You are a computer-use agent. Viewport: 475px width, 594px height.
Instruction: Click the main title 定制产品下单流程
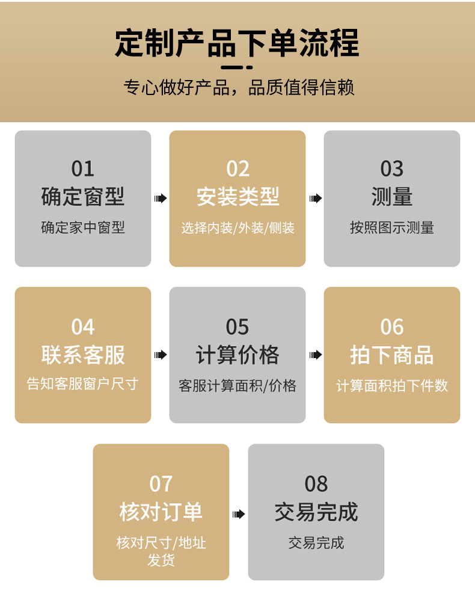237,43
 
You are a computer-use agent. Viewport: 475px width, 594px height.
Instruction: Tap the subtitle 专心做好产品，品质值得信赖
239,87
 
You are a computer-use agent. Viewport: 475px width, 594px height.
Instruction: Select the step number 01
83,169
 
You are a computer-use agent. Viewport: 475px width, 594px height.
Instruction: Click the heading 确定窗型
83,197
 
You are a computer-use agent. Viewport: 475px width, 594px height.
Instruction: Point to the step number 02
237,169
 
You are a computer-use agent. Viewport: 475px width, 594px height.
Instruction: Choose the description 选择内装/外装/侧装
237,228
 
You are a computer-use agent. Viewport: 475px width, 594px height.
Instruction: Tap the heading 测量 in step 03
392,197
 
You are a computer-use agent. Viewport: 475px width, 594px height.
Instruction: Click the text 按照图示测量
392,228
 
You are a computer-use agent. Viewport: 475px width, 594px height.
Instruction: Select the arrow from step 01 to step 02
161,199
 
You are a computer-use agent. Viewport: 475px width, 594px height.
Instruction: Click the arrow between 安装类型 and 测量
315,199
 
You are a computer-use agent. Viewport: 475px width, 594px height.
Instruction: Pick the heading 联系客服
83,355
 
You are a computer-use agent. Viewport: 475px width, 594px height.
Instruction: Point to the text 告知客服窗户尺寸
83,385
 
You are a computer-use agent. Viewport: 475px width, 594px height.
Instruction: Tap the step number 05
237,327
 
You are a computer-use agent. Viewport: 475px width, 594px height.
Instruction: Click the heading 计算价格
237,355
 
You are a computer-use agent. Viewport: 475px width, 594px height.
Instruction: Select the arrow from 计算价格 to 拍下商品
315,355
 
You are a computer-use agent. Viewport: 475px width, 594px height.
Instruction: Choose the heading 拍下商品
392,355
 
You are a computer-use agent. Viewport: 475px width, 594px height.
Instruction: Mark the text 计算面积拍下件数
392,386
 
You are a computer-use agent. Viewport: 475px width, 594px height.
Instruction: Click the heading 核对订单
161,512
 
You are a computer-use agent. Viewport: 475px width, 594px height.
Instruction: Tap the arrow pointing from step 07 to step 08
239,514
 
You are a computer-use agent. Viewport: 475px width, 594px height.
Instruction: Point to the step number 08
316,484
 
